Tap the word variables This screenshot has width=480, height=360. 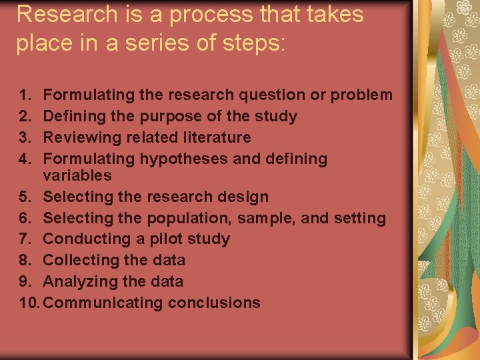coord(77,175)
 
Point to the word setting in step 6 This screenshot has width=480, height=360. coord(361,219)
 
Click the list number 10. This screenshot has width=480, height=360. coord(30,303)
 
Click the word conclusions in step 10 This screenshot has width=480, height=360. coord(214,303)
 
